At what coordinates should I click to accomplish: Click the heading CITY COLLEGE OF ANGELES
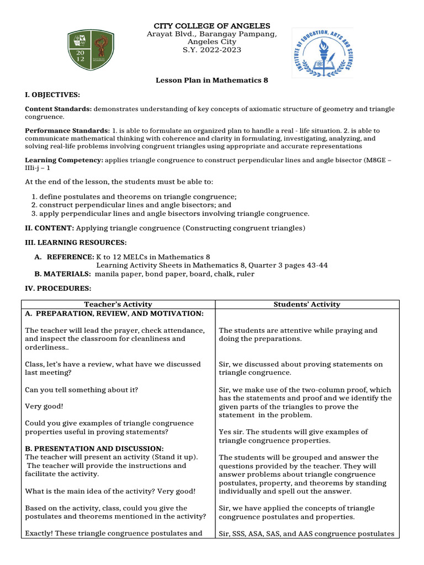(211, 26)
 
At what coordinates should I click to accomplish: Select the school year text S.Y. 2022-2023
(212, 50)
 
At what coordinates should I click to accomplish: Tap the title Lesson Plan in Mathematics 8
(211, 81)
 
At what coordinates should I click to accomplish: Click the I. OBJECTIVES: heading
(52, 95)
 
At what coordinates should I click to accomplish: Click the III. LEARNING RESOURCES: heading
(76, 243)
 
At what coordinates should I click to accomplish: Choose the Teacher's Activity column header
(118, 305)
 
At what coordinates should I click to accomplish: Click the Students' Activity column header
(307, 305)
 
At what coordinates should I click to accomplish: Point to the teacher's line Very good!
(44, 406)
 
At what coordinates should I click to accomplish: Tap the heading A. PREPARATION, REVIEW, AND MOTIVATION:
(107, 313)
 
